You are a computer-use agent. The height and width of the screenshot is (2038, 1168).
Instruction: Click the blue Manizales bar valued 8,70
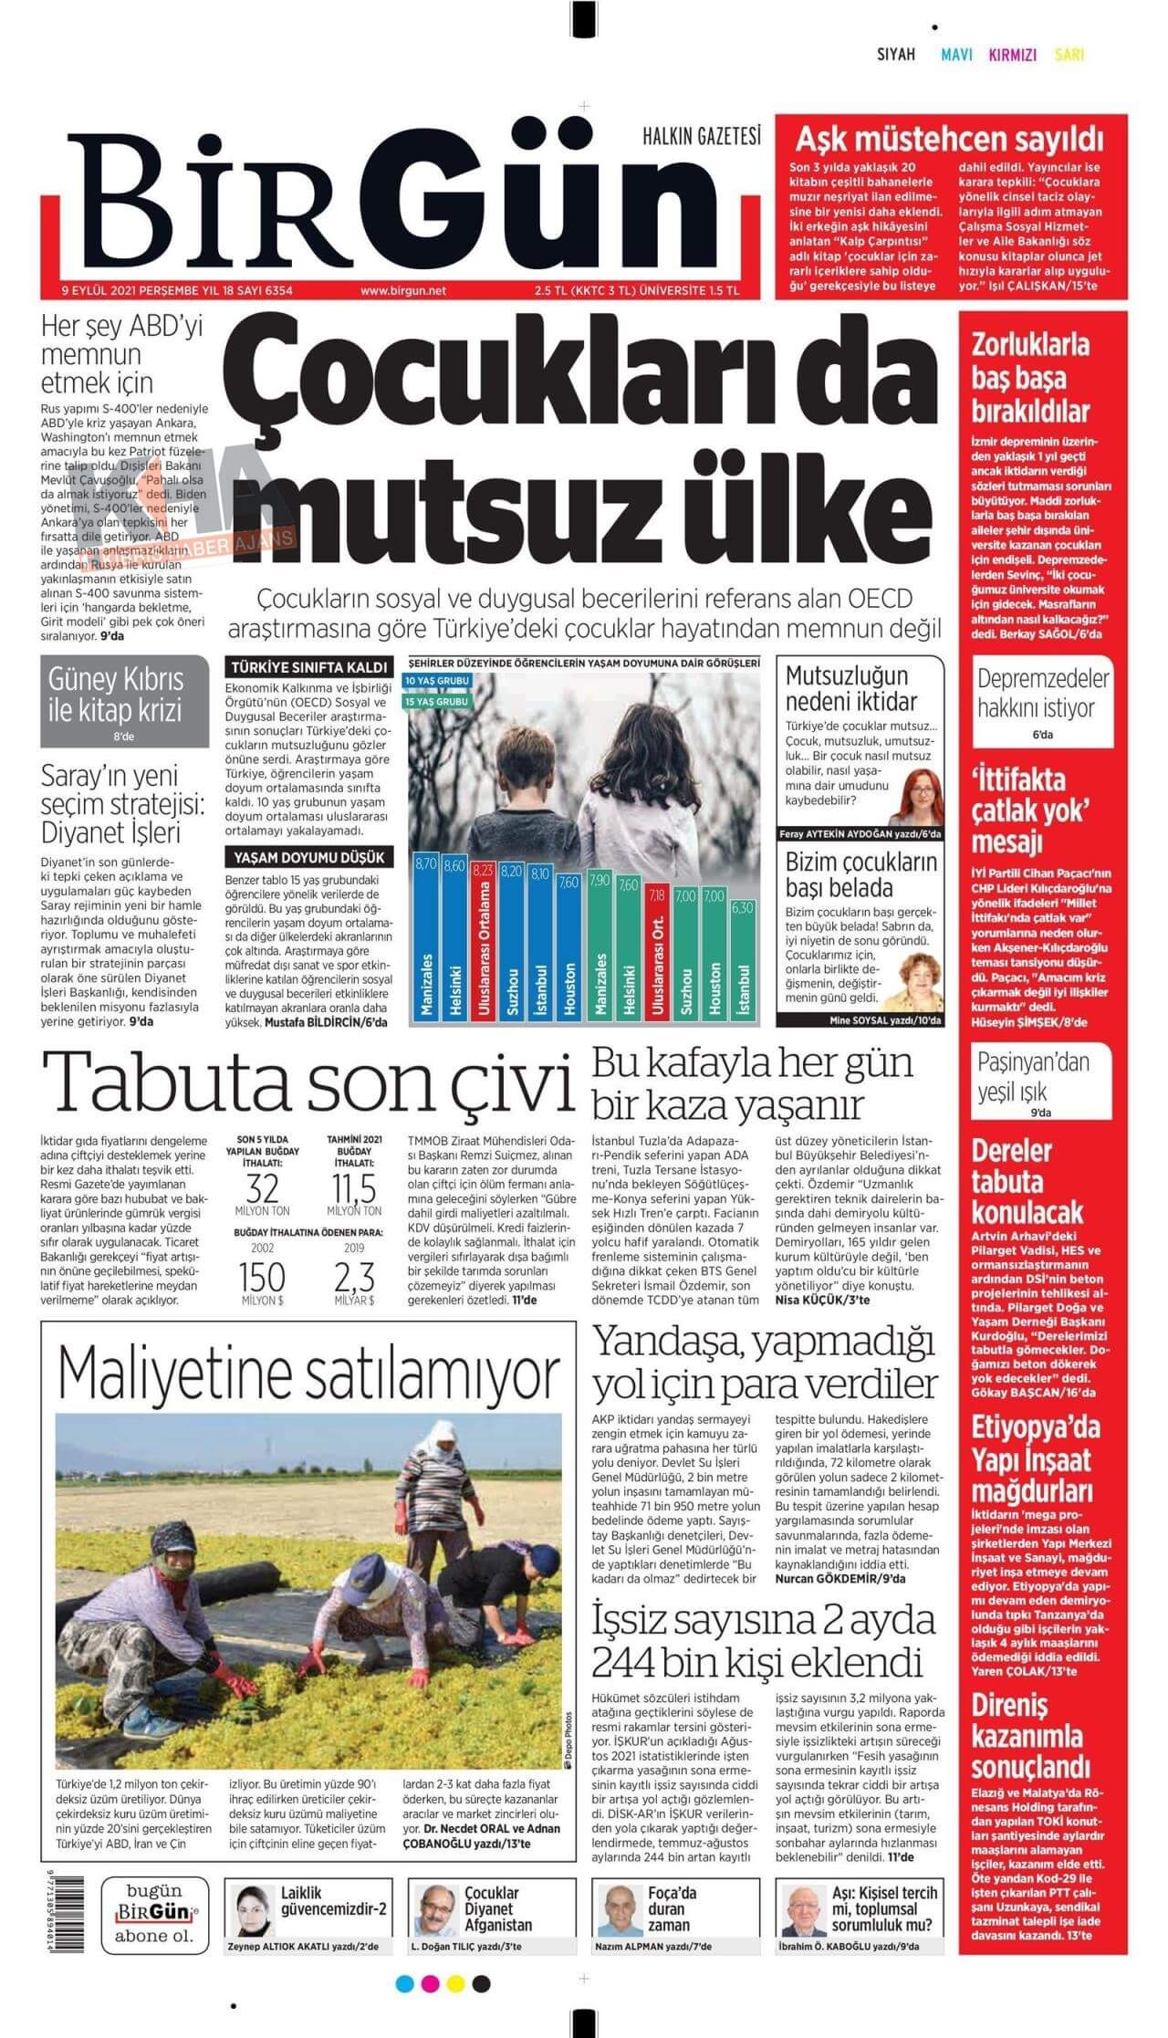[425, 940]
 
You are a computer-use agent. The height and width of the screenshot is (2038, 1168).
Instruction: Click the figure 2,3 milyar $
[354, 1276]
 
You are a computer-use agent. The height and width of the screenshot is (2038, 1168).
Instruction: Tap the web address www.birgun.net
[402, 291]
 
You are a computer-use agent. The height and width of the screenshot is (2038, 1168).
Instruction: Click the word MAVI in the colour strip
[957, 55]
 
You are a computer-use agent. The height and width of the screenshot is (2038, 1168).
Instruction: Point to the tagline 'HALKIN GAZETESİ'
[702, 136]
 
